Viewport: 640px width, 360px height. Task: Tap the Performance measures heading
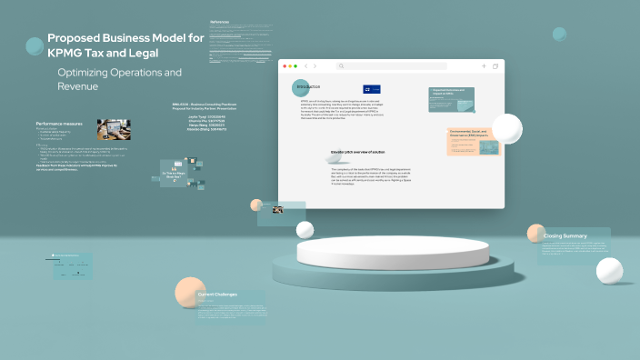pyautogui.click(x=60, y=123)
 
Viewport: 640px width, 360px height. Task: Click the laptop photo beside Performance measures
pyautogui.click(x=114, y=129)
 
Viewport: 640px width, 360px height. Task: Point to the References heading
pyautogui.click(x=220, y=21)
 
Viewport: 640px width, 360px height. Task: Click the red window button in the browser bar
pyautogui.click(x=284, y=66)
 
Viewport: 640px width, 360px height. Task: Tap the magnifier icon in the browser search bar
pyautogui.click(x=341, y=66)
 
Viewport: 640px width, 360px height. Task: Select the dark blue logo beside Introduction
pyautogui.click(x=372, y=89)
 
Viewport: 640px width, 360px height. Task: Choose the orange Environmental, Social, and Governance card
pyautogui.click(x=473, y=142)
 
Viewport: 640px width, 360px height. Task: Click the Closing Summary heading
pyautogui.click(x=565, y=236)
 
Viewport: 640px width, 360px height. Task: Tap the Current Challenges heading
pyautogui.click(x=218, y=295)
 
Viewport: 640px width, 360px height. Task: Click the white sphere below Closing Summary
pyautogui.click(x=608, y=270)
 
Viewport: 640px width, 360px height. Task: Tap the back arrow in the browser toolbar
pyautogui.click(x=305, y=66)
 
